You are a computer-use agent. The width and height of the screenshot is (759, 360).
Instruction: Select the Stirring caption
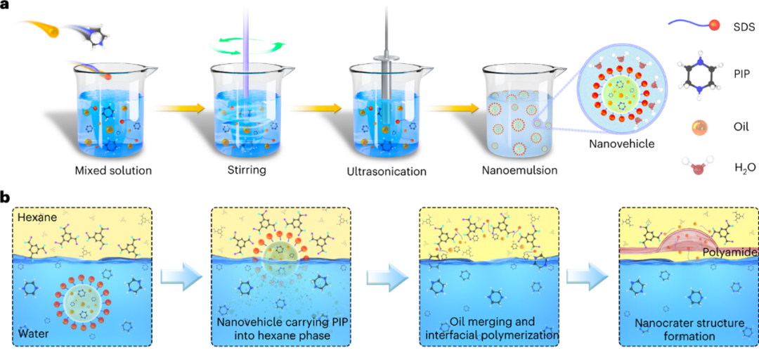click(250, 172)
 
